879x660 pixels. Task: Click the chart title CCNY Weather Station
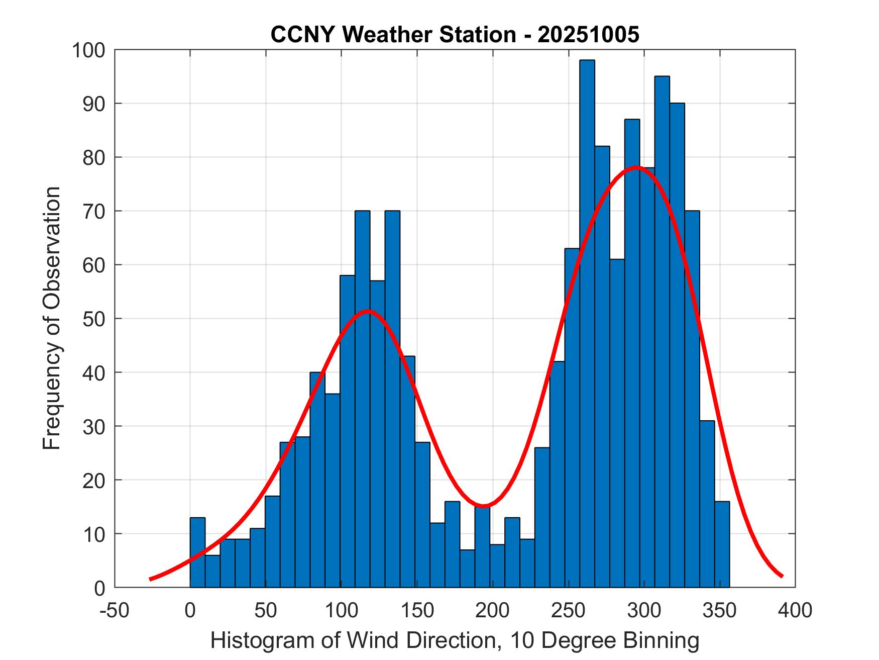tap(455, 35)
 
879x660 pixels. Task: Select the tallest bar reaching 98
tap(587, 322)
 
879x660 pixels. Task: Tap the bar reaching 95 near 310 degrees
tap(662, 332)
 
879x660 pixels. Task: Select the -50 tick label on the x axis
tap(115, 610)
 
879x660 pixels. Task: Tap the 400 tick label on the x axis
tap(795, 610)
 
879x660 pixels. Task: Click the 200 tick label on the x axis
tap(492, 610)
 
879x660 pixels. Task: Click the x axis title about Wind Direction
tap(455, 641)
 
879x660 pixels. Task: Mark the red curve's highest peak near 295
tap(636, 167)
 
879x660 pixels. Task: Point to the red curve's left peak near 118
tap(368, 311)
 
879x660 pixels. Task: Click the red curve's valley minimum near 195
tap(483, 506)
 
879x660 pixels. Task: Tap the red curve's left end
tap(150, 579)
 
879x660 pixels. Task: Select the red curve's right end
tap(782, 576)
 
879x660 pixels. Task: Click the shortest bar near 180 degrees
tap(467, 568)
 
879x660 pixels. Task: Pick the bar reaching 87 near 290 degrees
tap(632, 352)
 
